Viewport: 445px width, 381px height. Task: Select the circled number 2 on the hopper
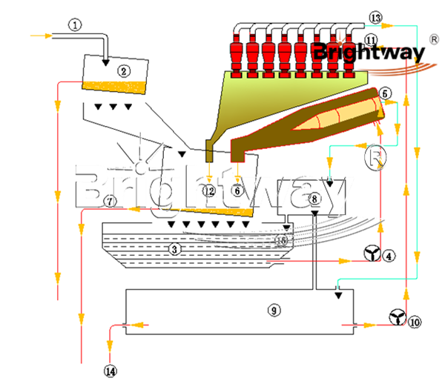[x=124, y=72]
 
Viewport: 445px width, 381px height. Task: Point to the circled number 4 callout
[x=389, y=255]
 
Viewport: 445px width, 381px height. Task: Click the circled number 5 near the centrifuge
[x=384, y=94]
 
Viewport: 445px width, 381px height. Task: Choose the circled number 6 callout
[x=237, y=190]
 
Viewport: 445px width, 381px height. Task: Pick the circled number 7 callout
[x=110, y=201]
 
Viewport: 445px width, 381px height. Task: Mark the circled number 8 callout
[x=314, y=199]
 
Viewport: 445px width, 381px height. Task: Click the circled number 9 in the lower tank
[x=275, y=311]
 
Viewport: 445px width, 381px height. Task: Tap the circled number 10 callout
[x=414, y=322]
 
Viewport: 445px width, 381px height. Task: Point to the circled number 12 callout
[x=210, y=191]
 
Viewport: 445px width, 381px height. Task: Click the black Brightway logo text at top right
[x=369, y=53]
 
